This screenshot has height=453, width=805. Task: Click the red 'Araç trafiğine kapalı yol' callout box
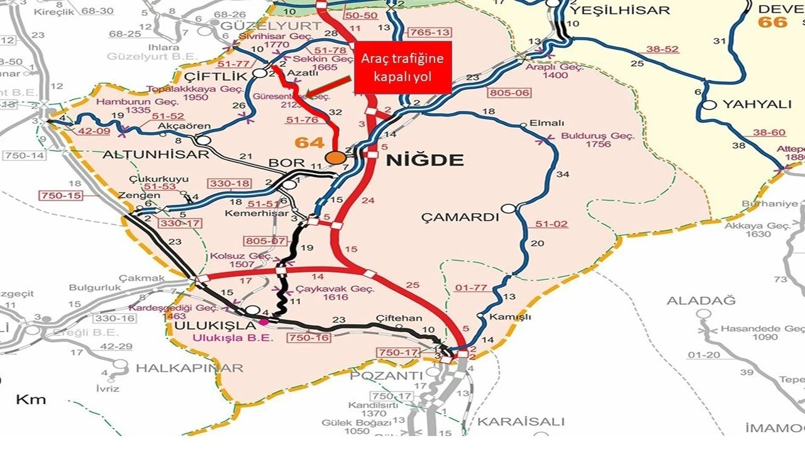click(x=402, y=68)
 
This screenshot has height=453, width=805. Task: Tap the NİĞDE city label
click(x=425, y=160)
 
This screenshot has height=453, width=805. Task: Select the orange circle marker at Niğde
click(x=336, y=157)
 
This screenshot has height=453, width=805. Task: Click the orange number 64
click(x=310, y=143)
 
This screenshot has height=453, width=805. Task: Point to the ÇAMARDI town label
click(x=460, y=218)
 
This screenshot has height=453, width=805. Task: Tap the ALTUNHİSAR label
click(x=155, y=155)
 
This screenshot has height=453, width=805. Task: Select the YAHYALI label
click(x=757, y=104)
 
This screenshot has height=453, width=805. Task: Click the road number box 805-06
click(x=509, y=93)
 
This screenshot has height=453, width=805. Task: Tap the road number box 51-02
click(x=552, y=224)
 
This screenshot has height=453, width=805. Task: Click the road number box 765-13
click(x=429, y=32)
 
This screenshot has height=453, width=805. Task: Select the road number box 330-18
click(x=230, y=183)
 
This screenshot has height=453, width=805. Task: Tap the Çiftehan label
click(x=399, y=318)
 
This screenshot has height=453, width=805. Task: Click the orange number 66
click(x=772, y=23)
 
